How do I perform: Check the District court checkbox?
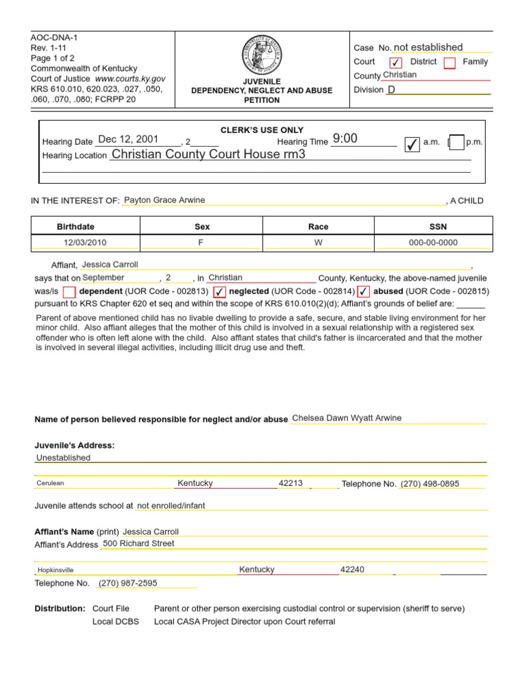point(396,63)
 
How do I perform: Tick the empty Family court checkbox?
point(450,63)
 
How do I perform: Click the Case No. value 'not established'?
point(428,47)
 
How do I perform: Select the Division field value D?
point(392,90)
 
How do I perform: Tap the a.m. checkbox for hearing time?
point(411,143)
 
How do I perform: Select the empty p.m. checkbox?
point(456,143)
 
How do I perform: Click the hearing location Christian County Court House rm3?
point(208,154)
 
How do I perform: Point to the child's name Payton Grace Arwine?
point(164,200)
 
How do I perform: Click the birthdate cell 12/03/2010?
point(85,242)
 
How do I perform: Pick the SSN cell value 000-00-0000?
point(433,242)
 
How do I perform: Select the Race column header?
point(318,227)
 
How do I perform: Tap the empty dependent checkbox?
point(70,292)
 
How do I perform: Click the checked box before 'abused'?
point(364,292)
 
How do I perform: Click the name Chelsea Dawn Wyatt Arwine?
point(347,418)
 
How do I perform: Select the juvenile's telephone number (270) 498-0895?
point(430,484)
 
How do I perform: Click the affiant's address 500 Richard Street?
point(139,544)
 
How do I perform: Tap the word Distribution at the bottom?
point(59,608)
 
